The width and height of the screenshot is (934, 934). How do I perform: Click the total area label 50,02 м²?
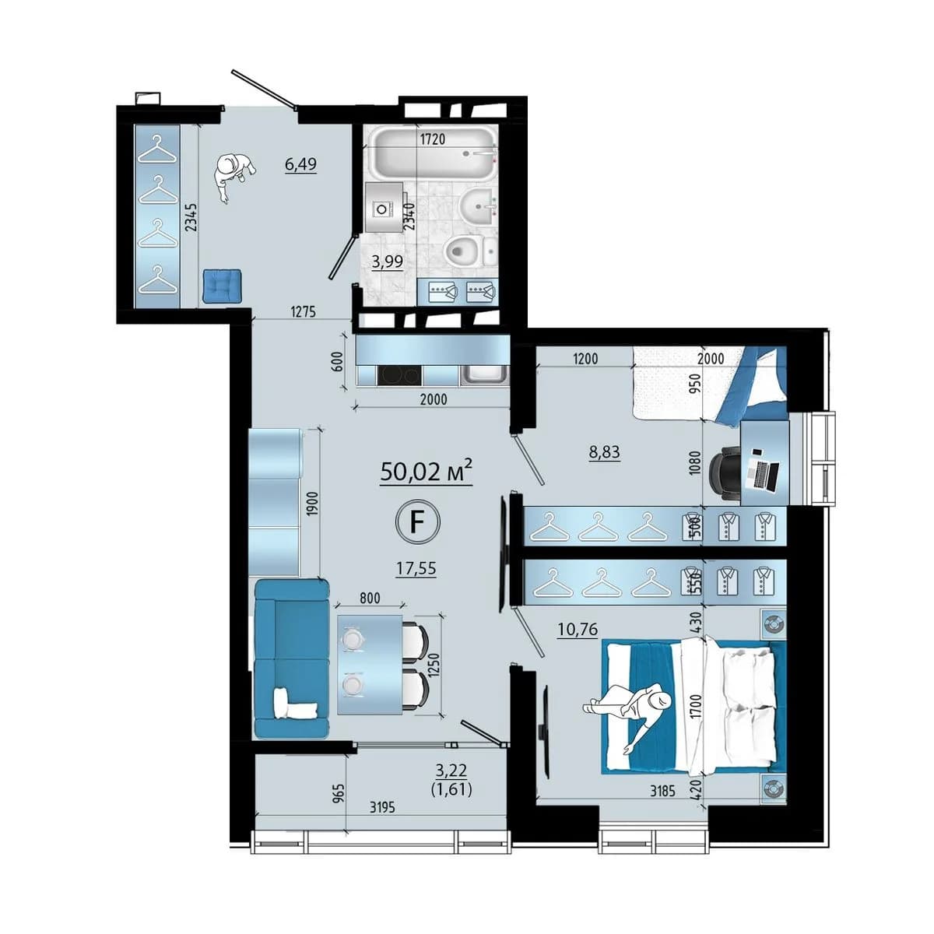426,471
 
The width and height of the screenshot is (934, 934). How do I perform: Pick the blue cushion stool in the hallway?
222,286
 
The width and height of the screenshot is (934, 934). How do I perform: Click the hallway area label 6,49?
300,165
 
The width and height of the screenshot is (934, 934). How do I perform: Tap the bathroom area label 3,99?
387,262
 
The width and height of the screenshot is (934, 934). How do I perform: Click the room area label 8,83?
604,452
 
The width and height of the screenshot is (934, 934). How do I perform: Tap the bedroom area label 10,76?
578,629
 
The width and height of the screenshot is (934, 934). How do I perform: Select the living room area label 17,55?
416,568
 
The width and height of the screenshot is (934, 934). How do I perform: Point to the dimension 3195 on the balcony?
382,807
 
